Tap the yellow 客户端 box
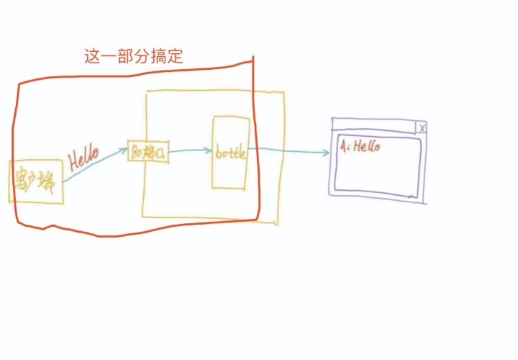[x=36, y=181]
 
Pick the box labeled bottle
[x=230, y=153]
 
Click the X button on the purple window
[x=422, y=127]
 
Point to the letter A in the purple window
[x=344, y=146]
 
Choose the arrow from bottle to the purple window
[x=288, y=151]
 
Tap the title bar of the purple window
[x=374, y=127]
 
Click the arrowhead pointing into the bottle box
[x=208, y=151]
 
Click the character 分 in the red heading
[x=142, y=57]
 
